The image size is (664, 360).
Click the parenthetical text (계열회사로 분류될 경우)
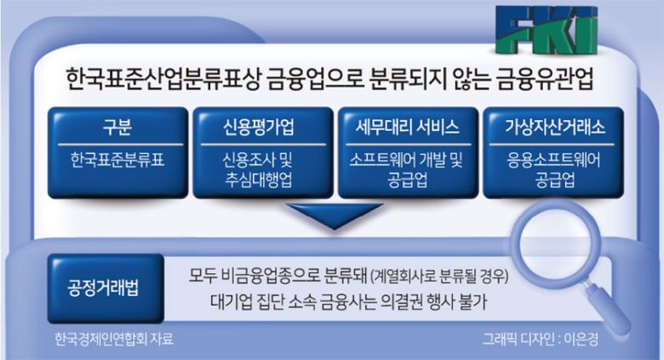coord(439,277)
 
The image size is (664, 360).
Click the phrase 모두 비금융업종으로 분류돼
coord(277,277)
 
